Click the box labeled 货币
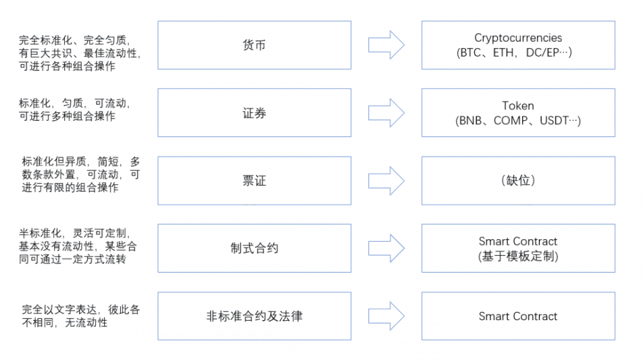tap(254, 45)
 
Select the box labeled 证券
tap(254, 113)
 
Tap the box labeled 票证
tap(254, 181)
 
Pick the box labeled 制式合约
tap(254, 248)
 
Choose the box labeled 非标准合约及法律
tap(254, 316)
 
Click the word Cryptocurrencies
tap(518, 38)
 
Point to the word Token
tap(518, 106)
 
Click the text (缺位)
tap(518, 181)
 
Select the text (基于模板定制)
tap(518, 256)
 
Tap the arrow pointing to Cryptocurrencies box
tap(386, 45)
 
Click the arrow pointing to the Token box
tap(386, 113)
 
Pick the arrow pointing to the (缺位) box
tap(386, 181)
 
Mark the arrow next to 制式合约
tap(386, 248)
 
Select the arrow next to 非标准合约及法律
tap(386, 316)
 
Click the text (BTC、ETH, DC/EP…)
tap(518, 53)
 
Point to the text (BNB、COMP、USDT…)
tap(518, 121)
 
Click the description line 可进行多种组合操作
tap(68, 116)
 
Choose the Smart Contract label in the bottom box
tap(518, 316)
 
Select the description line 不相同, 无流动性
tap(64, 323)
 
